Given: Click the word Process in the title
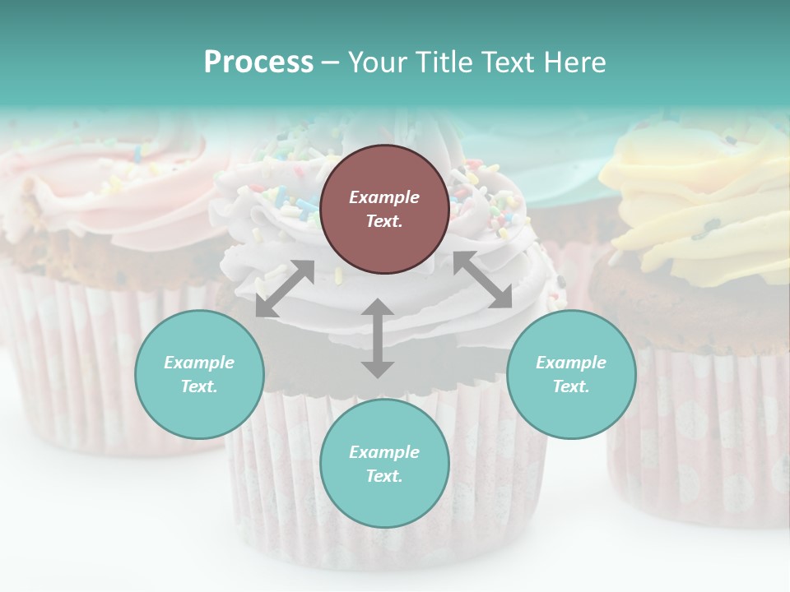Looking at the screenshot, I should (258, 62).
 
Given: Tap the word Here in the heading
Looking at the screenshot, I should (575, 62).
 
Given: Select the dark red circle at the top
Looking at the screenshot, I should (384, 209).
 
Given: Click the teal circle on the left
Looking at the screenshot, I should (199, 374).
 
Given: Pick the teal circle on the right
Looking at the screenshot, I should (571, 374).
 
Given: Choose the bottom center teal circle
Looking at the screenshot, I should (384, 464).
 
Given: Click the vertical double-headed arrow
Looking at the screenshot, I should (378, 338).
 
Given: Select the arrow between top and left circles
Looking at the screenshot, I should (285, 289).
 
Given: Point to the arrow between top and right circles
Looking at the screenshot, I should (482, 280).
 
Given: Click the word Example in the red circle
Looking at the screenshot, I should (384, 197).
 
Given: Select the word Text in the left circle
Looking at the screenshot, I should (198, 386).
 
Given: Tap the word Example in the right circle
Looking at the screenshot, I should (571, 363).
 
